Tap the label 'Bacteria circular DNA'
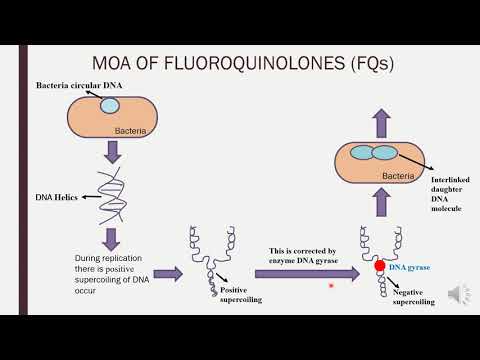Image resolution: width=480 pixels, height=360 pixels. (77, 84)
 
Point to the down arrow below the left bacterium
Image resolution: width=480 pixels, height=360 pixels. (113, 150)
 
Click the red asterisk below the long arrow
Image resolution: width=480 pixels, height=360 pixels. (333, 285)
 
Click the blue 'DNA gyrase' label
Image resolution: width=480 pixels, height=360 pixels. (410, 268)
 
